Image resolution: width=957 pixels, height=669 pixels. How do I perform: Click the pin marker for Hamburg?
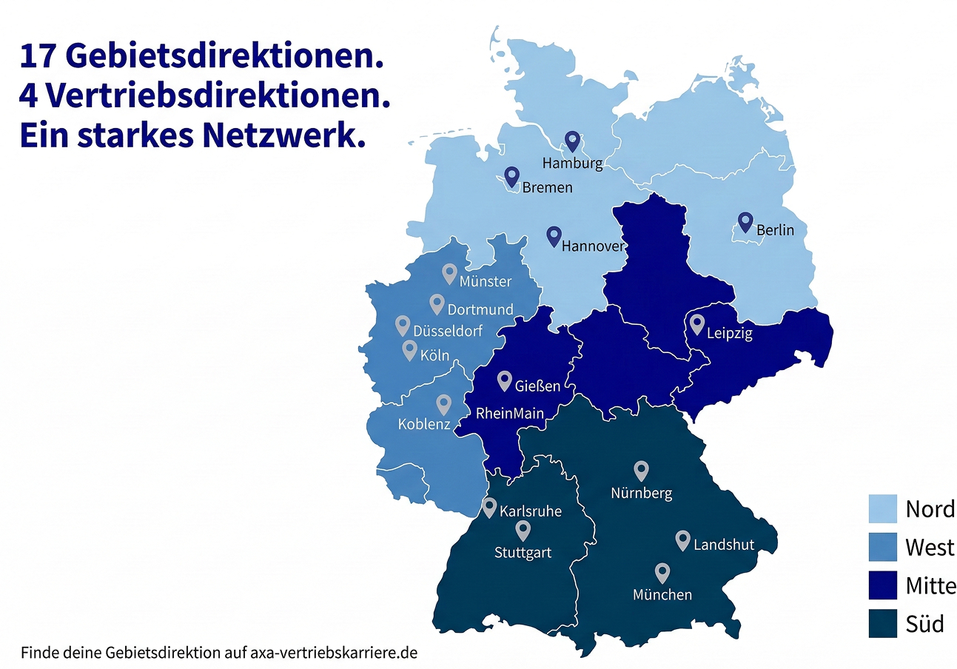click(x=572, y=141)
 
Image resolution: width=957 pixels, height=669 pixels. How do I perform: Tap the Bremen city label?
click(x=547, y=188)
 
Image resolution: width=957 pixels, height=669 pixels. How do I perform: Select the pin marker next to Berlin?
click(x=745, y=221)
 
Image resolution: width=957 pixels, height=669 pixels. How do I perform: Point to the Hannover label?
click(x=594, y=246)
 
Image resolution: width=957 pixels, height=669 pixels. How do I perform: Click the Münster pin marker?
click(x=449, y=273)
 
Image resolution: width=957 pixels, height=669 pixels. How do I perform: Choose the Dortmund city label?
click(x=480, y=309)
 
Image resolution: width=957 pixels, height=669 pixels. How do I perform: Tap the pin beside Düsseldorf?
click(x=403, y=325)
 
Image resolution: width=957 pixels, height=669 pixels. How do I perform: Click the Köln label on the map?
click(x=434, y=355)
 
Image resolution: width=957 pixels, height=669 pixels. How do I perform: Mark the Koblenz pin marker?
click(x=444, y=404)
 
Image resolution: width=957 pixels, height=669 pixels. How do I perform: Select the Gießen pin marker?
click(x=505, y=380)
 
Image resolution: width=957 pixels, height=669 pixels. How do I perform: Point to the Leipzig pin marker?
click(x=696, y=323)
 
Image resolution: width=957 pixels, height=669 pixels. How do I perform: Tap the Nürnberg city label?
click(x=642, y=493)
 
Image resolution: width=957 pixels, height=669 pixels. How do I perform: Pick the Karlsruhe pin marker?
click(x=489, y=506)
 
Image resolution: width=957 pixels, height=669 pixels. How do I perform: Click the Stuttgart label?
click(x=523, y=552)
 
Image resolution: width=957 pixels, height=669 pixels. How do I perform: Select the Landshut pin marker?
click(x=683, y=540)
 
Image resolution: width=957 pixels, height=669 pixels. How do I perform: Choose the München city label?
click(x=662, y=594)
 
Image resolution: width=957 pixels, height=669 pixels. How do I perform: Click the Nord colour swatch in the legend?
click(x=882, y=509)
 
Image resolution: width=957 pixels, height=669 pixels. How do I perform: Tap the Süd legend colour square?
click(x=882, y=623)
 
